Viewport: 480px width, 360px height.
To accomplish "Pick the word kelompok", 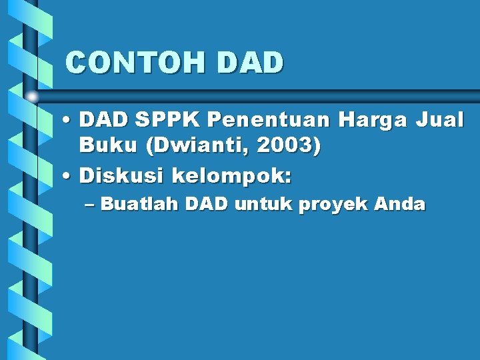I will (231, 177).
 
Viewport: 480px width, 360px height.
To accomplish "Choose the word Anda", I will (399, 205).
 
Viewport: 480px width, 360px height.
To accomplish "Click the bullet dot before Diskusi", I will (68, 177).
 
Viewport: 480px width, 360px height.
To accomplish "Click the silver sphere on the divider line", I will (32, 97).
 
